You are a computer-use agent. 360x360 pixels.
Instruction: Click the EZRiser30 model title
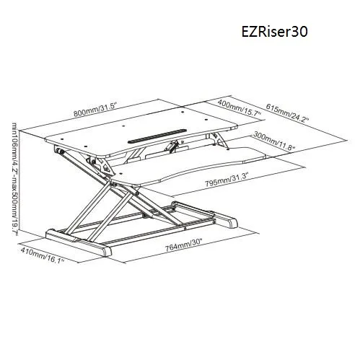click(x=274, y=32)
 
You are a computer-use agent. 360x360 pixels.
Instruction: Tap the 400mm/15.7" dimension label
click(x=240, y=108)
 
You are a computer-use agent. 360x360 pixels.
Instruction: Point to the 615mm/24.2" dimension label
click(x=287, y=113)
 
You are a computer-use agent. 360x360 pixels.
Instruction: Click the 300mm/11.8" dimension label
click(x=273, y=141)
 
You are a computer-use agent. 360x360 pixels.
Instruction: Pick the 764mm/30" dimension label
click(x=183, y=246)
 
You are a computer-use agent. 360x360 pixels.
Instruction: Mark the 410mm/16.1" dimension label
click(x=43, y=255)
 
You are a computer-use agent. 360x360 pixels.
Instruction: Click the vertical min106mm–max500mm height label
click(x=14, y=179)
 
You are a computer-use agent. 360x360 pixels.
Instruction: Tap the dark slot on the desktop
click(x=157, y=136)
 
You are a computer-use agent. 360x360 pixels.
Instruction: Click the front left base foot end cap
click(x=107, y=250)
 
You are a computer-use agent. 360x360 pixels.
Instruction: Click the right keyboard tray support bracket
click(x=218, y=140)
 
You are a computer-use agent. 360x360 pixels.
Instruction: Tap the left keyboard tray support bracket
click(x=102, y=165)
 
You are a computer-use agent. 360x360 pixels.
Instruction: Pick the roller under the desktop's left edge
click(x=60, y=152)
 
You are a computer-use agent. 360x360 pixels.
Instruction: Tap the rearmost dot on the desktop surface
click(x=183, y=112)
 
